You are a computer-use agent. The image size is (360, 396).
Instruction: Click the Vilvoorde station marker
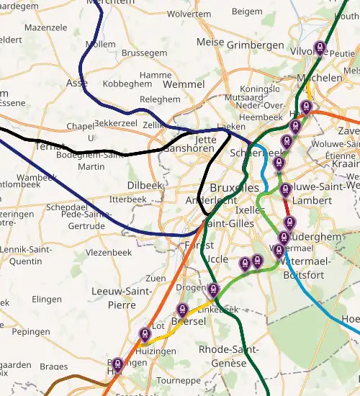[x=320, y=48]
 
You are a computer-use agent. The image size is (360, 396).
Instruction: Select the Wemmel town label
[x=184, y=84]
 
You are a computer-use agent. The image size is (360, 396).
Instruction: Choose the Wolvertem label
[x=189, y=14]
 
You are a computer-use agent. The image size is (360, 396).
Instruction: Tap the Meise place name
[x=210, y=42]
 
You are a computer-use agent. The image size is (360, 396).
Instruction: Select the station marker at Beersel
[x=182, y=311]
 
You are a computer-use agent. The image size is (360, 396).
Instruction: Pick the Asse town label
[x=76, y=83]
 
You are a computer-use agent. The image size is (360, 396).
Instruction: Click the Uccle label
[x=217, y=259]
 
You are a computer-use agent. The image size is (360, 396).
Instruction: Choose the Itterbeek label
[x=128, y=199]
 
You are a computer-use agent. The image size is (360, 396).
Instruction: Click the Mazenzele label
[x=45, y=27]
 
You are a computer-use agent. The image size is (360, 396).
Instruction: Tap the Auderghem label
[x=310, y=235]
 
